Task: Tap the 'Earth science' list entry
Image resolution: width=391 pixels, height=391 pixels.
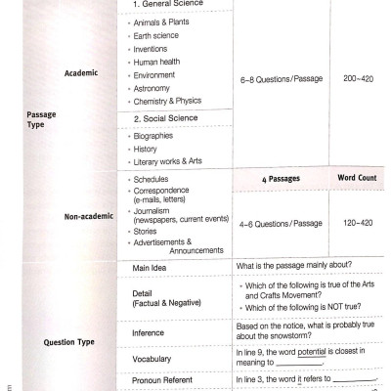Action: pos(154,40)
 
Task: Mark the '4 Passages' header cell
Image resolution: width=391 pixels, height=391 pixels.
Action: pos(281,179)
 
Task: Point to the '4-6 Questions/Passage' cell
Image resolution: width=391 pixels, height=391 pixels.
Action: pos(281,224)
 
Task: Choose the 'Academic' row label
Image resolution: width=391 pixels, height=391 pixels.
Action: pos(81,71)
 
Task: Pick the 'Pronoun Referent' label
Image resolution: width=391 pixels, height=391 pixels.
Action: pos(165,380)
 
